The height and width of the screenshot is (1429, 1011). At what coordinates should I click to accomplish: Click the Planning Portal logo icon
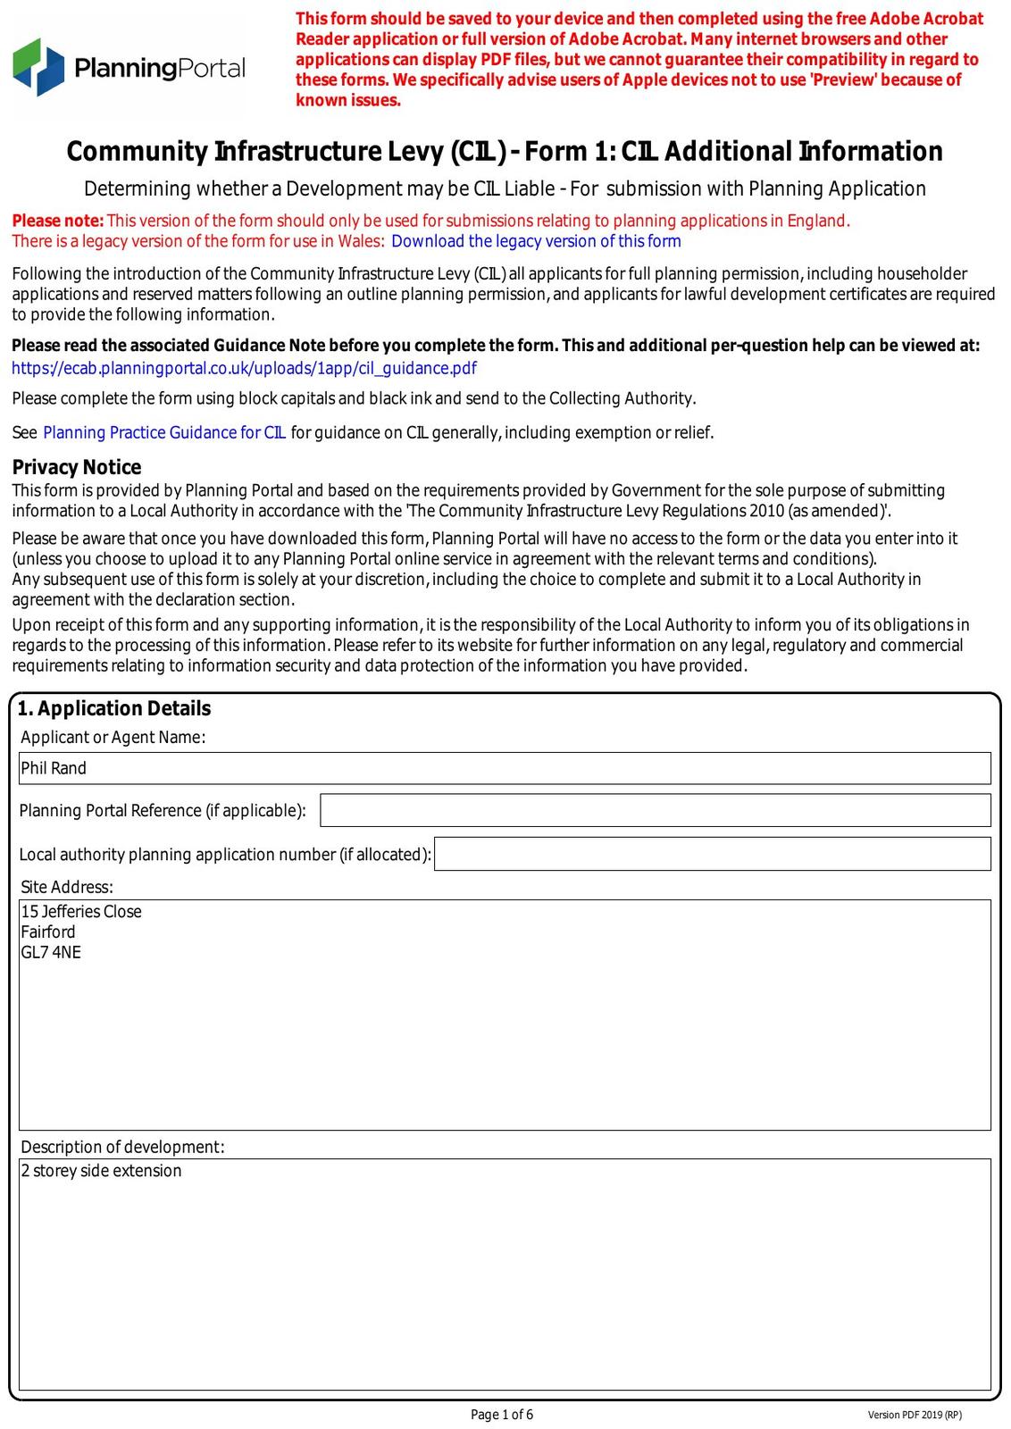tap(38, 67)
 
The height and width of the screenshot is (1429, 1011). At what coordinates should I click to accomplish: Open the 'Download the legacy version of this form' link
tap(536, 241)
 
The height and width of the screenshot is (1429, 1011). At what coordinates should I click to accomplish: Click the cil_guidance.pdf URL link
tap(244, 368)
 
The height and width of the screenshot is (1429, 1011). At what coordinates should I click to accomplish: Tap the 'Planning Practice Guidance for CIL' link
tap(164, 433)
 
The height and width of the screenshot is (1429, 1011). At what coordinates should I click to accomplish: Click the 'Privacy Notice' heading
tap(77, 467)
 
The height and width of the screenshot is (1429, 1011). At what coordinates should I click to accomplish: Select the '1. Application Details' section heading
tap(114, 708)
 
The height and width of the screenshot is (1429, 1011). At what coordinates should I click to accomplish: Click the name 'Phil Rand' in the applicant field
tap(54, 768)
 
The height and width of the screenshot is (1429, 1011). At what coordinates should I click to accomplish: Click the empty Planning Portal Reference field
tap(655, 810)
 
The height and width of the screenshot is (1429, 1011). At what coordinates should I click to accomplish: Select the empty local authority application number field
tap(712, 854)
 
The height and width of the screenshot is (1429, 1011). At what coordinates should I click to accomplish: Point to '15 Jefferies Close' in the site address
tap(81, 912)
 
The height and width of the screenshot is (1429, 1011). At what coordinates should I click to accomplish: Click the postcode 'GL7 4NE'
tap(51, 953)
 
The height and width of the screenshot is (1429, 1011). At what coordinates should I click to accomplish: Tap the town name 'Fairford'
tap(48, 932)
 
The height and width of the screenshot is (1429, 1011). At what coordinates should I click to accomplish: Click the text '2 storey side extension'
tap(101, 1171)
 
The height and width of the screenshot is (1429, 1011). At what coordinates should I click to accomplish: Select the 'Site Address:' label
tap(67, 887)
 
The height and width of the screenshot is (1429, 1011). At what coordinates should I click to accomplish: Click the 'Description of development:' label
tap(122, 1147)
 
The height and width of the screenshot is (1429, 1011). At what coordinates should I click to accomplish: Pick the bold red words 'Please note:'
tap(58, 221)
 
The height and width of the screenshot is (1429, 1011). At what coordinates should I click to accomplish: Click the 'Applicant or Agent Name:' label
tap(113, 737)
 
